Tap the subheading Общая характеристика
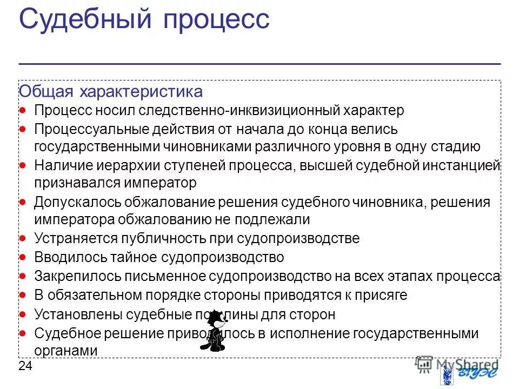click(x=111, y=91)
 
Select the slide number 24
click(x=25, y=366)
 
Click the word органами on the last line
click(x=65, y=350)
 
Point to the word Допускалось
click(x=77, y=202)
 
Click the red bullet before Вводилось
click(x=23, y=257)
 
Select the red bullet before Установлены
click(x=23, y=314)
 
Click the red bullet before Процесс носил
click(x=23, y=110)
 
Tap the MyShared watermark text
click(x=465, y=364)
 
